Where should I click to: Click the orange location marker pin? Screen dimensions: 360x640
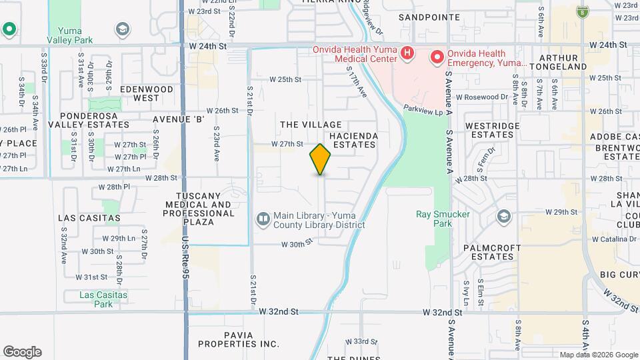coord(320,159)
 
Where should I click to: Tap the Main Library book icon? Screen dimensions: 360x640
coord(263,219)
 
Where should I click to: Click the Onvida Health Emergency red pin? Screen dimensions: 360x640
coord(437,57)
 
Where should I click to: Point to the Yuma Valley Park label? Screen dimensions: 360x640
coord(74,35)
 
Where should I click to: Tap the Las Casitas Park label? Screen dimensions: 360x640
coord(103,299)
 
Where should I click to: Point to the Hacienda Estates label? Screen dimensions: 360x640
coord(355,140)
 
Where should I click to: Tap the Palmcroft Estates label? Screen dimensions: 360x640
coord(491,252)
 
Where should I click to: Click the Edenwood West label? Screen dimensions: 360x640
coord(139,93)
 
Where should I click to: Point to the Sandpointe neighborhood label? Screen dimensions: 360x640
coord(429,17)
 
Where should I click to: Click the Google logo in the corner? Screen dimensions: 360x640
coord(21,352)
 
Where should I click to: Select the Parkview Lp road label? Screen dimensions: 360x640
coord(423,108)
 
